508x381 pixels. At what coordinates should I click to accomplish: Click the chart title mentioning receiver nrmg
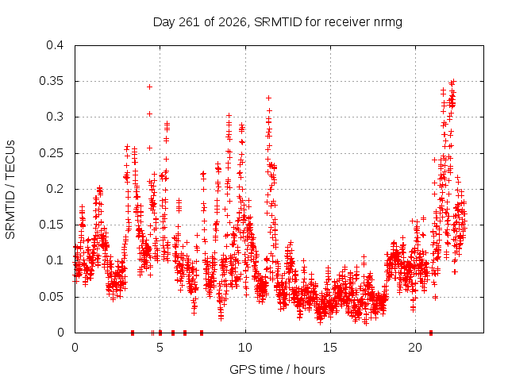(277, 22)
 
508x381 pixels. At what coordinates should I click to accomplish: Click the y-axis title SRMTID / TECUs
(10, 190)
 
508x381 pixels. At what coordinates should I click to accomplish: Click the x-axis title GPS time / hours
(277, 369)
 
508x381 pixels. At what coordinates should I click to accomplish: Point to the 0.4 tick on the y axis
(55, 45)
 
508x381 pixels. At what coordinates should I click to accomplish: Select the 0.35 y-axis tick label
(52, 81)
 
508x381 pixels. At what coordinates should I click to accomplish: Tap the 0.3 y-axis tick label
(55, 117)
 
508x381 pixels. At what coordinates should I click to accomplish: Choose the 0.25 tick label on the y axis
(52, 153)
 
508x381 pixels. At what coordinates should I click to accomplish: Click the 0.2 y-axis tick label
(55, 189)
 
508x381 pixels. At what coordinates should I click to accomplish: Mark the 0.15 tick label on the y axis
(52, 225)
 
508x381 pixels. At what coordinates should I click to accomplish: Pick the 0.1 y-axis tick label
(55, 260)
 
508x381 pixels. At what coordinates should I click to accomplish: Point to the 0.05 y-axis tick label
(52, 296)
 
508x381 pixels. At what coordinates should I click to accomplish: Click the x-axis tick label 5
(160, 348)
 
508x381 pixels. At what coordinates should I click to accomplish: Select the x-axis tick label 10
(245, 348)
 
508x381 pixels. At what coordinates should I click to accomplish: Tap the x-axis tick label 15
(330, 348)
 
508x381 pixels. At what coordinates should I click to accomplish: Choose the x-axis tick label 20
(415, 348)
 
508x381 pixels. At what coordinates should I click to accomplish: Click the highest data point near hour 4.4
(149, 87)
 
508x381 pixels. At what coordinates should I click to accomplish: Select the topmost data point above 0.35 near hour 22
(453, 81)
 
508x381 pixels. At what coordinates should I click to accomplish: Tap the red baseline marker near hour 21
(431, 333)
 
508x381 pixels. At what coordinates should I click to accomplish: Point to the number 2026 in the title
(232, 22)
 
